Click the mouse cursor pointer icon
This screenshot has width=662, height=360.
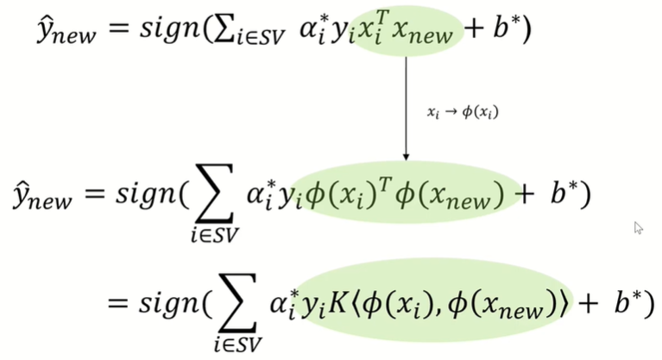[x=639, y=228]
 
